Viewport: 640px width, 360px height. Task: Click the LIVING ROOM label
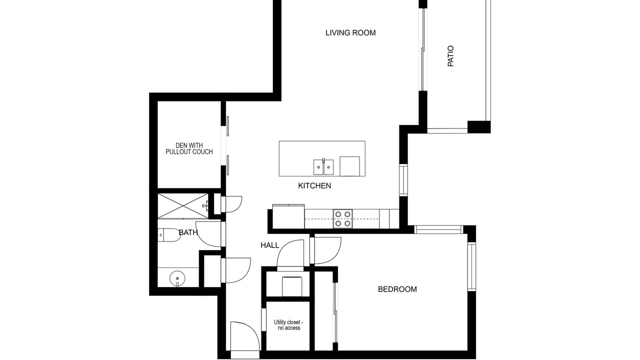click(350, 33)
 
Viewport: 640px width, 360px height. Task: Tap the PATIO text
click(450, 56)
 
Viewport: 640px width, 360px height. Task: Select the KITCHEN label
click(314, 185)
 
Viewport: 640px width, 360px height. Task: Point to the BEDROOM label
click(397, 289)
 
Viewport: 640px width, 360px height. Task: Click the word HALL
click(269, 245)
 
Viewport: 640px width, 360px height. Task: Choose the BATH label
click(188, 232)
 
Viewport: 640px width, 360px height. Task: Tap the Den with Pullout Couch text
click(189, 149)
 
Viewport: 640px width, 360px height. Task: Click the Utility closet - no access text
click(288, 325)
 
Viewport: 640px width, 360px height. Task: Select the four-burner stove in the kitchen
click(343, 219)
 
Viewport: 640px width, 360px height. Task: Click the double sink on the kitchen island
click(323, 167)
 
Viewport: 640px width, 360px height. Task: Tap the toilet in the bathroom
click(169, 235)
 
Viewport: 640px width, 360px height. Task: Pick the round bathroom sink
click(177, 278)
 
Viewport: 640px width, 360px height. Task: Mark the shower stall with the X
click(183, 206)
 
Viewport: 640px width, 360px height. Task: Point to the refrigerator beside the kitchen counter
click(288, 216)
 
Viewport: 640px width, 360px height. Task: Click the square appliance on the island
click(349, 166)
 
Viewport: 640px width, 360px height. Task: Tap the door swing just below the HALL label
click(290, 254)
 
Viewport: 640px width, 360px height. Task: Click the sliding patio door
click(423, 49)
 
